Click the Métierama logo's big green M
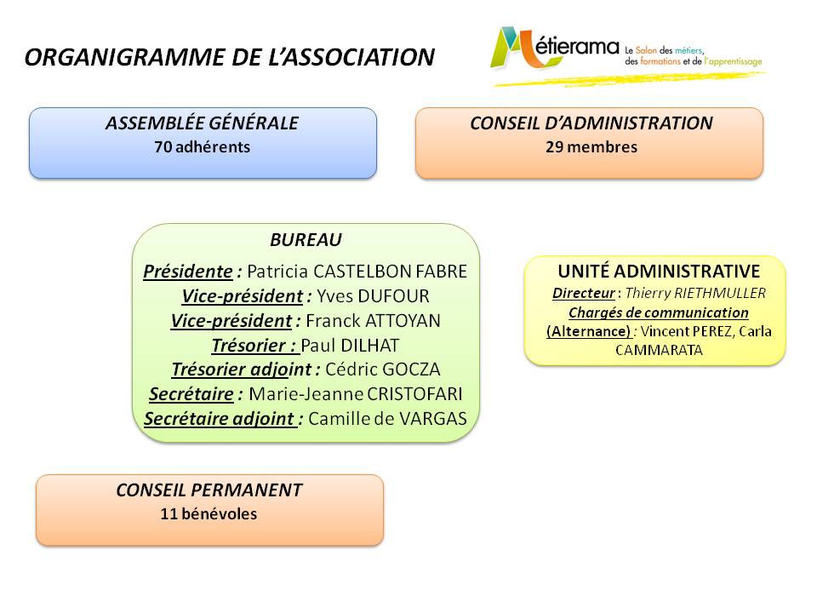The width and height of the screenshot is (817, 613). [x=513, y=48]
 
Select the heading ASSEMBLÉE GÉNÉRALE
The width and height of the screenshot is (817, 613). [x=203, y=123]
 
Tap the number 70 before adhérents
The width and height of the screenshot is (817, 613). [x=163, y=147]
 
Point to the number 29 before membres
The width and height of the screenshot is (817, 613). [x=554, y=147]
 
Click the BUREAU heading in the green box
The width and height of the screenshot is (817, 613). [x=306, y=240]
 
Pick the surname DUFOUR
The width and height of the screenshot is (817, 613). [x=394, y=296]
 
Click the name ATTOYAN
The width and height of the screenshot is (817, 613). [x=403, y=321]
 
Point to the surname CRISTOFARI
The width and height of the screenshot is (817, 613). [x=414, y=394]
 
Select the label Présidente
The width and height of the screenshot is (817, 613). [x=188, y=272]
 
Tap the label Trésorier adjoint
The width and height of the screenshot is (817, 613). [x=242, y=370]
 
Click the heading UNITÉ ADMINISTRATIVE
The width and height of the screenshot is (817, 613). [x=659, y=271]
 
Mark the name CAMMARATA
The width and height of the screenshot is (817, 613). [x=659, y=350]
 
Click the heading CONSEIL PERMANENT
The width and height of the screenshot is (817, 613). [x=209, y=490]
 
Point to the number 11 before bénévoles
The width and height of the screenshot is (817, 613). [x=169, y=514]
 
